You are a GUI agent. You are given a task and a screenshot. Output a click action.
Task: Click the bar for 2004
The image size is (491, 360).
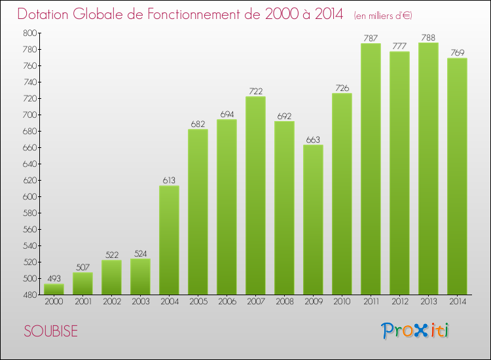(x=169, y=240)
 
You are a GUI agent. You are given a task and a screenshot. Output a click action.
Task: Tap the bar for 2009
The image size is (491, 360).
(x=313, y=220)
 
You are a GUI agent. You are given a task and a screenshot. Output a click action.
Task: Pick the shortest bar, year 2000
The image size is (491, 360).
(x=54, y=289)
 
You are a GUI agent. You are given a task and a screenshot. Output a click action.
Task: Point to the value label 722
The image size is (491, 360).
(x=255, y=90)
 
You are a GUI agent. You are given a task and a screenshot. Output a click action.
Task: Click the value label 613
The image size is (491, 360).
(x=169, y=179)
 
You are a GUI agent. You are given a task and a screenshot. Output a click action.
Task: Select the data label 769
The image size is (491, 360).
(x=457, y=52)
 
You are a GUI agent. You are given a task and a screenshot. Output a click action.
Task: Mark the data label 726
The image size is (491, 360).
(x=342, y=87)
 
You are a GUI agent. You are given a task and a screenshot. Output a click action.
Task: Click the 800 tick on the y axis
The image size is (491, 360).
(x=31, y=33)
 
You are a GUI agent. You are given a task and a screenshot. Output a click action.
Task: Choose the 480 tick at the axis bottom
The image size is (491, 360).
(x=31, y=295)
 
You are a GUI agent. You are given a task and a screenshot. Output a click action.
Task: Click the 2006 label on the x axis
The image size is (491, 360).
(x=227, y=302)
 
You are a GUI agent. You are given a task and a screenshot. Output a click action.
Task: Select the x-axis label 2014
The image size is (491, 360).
(x=457, y=302)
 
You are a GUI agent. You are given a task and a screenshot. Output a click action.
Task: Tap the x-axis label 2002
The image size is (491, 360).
(x=111, y=302)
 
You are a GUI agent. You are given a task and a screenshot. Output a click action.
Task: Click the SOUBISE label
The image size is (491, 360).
(x=50, y=331)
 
